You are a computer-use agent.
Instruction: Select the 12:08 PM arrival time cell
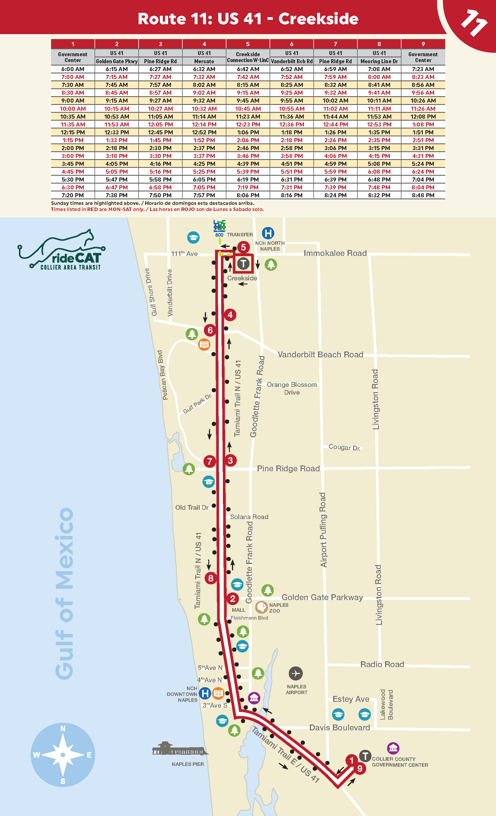pos(423,117)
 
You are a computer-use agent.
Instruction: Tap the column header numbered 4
pos(204,44)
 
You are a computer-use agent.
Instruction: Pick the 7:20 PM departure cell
pos(73,195)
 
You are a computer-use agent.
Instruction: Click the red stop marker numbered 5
pos(243,247)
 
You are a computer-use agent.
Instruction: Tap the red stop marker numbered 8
pos(211,578)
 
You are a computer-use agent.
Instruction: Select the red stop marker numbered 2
pos(233,598)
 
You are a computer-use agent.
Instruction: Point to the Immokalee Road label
pos(335,253)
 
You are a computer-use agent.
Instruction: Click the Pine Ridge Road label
pos(288,468)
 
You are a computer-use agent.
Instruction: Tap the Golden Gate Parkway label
pos(322,597)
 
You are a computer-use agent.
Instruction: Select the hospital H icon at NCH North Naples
pos(268,233)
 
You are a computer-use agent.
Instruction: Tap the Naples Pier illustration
pos(180,749)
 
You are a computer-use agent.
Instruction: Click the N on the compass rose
pos(63,729)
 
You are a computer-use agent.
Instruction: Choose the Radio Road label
pos(382,664)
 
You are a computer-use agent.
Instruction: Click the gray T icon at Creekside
pos(243,264)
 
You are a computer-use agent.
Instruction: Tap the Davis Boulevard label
pos(339,728)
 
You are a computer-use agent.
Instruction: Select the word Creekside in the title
pos(318,19)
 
